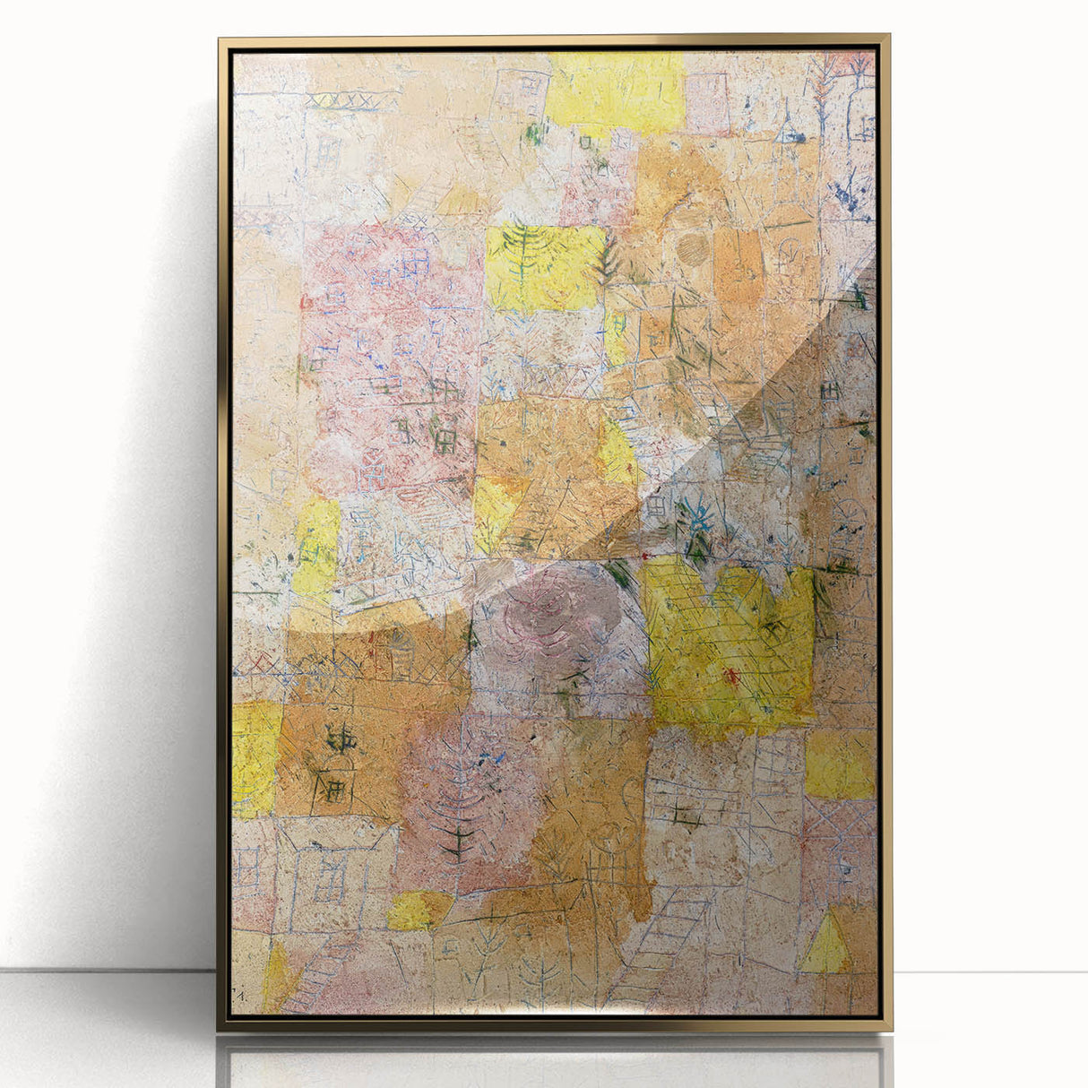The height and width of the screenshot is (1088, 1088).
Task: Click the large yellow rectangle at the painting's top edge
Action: tap(614, 90)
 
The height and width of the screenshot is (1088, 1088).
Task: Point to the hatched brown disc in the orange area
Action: tap(692, 249)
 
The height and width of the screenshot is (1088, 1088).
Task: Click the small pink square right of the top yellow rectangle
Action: tap(709, 103)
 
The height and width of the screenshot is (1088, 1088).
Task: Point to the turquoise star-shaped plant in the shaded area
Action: tap(697, 520)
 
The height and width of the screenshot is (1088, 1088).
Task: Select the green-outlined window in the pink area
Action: tap(444, 438)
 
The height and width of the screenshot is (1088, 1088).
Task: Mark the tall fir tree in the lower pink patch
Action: tap(458, 798)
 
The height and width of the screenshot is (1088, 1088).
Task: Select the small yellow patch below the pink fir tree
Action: tap(417, 911)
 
